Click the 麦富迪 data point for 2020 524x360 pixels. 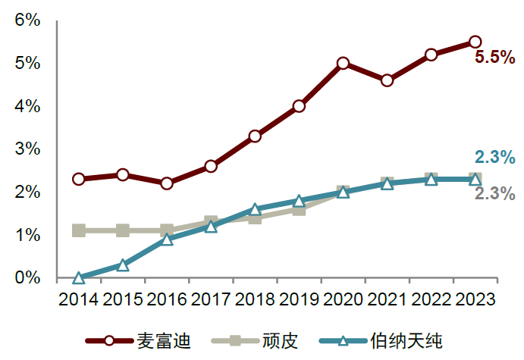[x=343, y=63]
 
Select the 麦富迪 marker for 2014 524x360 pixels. [x=79, y=179]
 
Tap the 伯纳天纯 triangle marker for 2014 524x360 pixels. [x=79, y=278]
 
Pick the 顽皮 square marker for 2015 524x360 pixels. [x=123, y=230]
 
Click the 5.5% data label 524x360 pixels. [x=494, y=57]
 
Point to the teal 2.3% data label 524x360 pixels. [x=494, y=158]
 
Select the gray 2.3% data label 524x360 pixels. [x=494, y=193]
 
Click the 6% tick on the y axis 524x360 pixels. [x=27, y=20]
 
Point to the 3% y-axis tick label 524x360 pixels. [x=27, y=149]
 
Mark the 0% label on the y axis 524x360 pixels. [x=27, y=278]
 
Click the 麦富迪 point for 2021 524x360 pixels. [x=387, y=80]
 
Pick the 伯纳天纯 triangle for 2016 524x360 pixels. [x=167, y=239]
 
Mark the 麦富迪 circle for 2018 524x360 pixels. [x=255, y=136]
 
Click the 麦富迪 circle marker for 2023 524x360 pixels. [x=475, y=42]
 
